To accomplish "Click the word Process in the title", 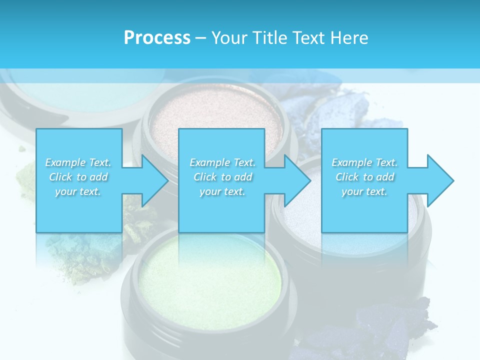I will [157, 38].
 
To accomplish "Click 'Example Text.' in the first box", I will [78, 162].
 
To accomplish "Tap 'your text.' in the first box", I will [78, 191].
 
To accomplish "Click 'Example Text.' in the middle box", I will [222, 162].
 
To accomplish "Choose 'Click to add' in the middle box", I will [222, 177].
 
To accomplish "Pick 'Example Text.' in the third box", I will [364, 162].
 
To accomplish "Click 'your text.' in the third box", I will [364, 191].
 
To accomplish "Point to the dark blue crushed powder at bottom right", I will [395, 325].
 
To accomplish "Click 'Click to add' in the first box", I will [78, 177].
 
